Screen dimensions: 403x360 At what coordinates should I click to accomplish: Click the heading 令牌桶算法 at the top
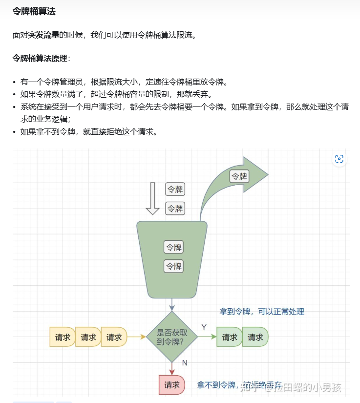pos(34,11)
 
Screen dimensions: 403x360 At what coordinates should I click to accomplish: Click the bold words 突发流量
pos(43,35)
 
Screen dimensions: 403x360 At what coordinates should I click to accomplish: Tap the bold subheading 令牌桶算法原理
pos(40,59)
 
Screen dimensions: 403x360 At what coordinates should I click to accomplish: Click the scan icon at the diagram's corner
pos(339,159)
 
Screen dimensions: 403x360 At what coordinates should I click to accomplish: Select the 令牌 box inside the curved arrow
pos(239,176)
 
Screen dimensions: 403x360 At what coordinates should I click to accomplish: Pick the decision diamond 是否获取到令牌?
pos(171,337)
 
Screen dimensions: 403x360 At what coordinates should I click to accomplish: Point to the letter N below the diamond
pos(184,362)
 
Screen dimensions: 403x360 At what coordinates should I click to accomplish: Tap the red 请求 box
pos(172,385)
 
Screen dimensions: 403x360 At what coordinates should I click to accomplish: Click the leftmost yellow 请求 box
pos(63,337)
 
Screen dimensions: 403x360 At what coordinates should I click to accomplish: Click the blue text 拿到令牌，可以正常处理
pos(261,312)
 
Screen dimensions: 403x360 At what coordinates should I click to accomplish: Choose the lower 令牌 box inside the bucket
pos(174,266)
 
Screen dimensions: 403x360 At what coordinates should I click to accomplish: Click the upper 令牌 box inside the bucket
pos(174,247)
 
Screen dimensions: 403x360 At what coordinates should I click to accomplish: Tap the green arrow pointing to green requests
pos(207,337)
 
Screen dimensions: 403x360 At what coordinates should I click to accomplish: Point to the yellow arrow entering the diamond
pos(137,337)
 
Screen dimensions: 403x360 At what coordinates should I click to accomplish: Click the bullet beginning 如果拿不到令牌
pos(88,132)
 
